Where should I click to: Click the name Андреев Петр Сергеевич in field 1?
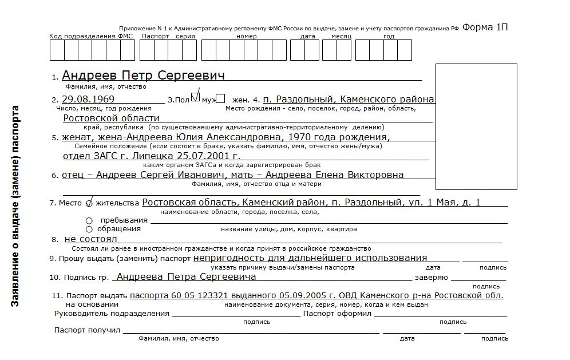tap(143, 76)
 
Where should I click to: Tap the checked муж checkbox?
tap(195, 97)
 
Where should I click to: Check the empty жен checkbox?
tap(220, 98)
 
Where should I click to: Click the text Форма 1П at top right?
tap(485, 27)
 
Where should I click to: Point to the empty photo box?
tap(476, 126)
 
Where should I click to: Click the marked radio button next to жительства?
tap(89, 203)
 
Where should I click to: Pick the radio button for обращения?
tap(89, 229)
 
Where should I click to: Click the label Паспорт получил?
tap(87, 330)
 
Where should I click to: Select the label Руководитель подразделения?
tap(112, 314)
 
